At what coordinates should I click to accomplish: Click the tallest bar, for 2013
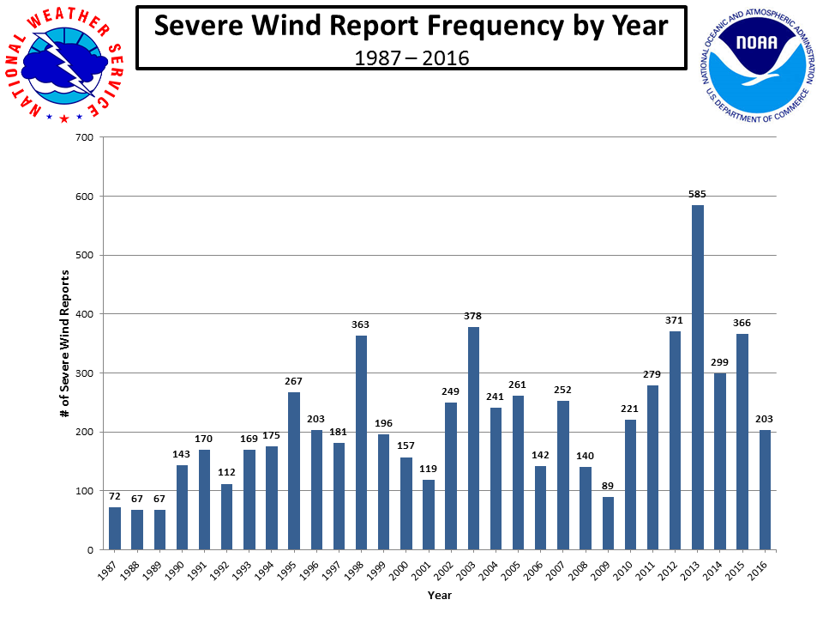pos(697,378)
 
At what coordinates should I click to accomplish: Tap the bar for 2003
pos(473,439)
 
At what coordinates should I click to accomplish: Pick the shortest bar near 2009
pos(608,523)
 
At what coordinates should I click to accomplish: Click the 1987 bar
pos(115,528)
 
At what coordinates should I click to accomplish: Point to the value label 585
pos(697,195)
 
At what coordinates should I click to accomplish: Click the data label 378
pos(473,317)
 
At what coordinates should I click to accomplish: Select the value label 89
pos(608,488)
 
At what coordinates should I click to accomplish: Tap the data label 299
pos(719,363)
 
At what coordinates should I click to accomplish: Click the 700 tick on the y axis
pos(85,137)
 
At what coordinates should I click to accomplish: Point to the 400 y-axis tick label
pos(85,314)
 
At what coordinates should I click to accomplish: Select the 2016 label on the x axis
pos(761,569)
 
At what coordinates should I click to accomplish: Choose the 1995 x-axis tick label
pos(291,569)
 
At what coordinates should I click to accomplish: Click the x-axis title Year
pos(439,595)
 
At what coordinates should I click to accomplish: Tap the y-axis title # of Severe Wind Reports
pos(64,343)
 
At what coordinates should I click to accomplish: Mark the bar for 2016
pos(765,490)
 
